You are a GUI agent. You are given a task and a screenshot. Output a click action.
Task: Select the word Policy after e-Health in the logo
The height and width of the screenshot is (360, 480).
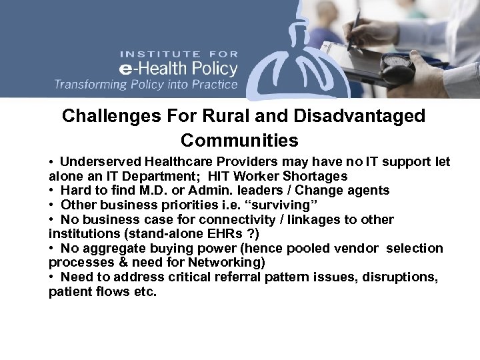pos(208,68)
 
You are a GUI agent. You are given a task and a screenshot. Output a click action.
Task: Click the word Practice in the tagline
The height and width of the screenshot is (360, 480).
pos(212,85)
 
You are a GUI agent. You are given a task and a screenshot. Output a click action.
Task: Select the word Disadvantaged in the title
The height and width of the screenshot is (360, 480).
pos(354,117)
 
